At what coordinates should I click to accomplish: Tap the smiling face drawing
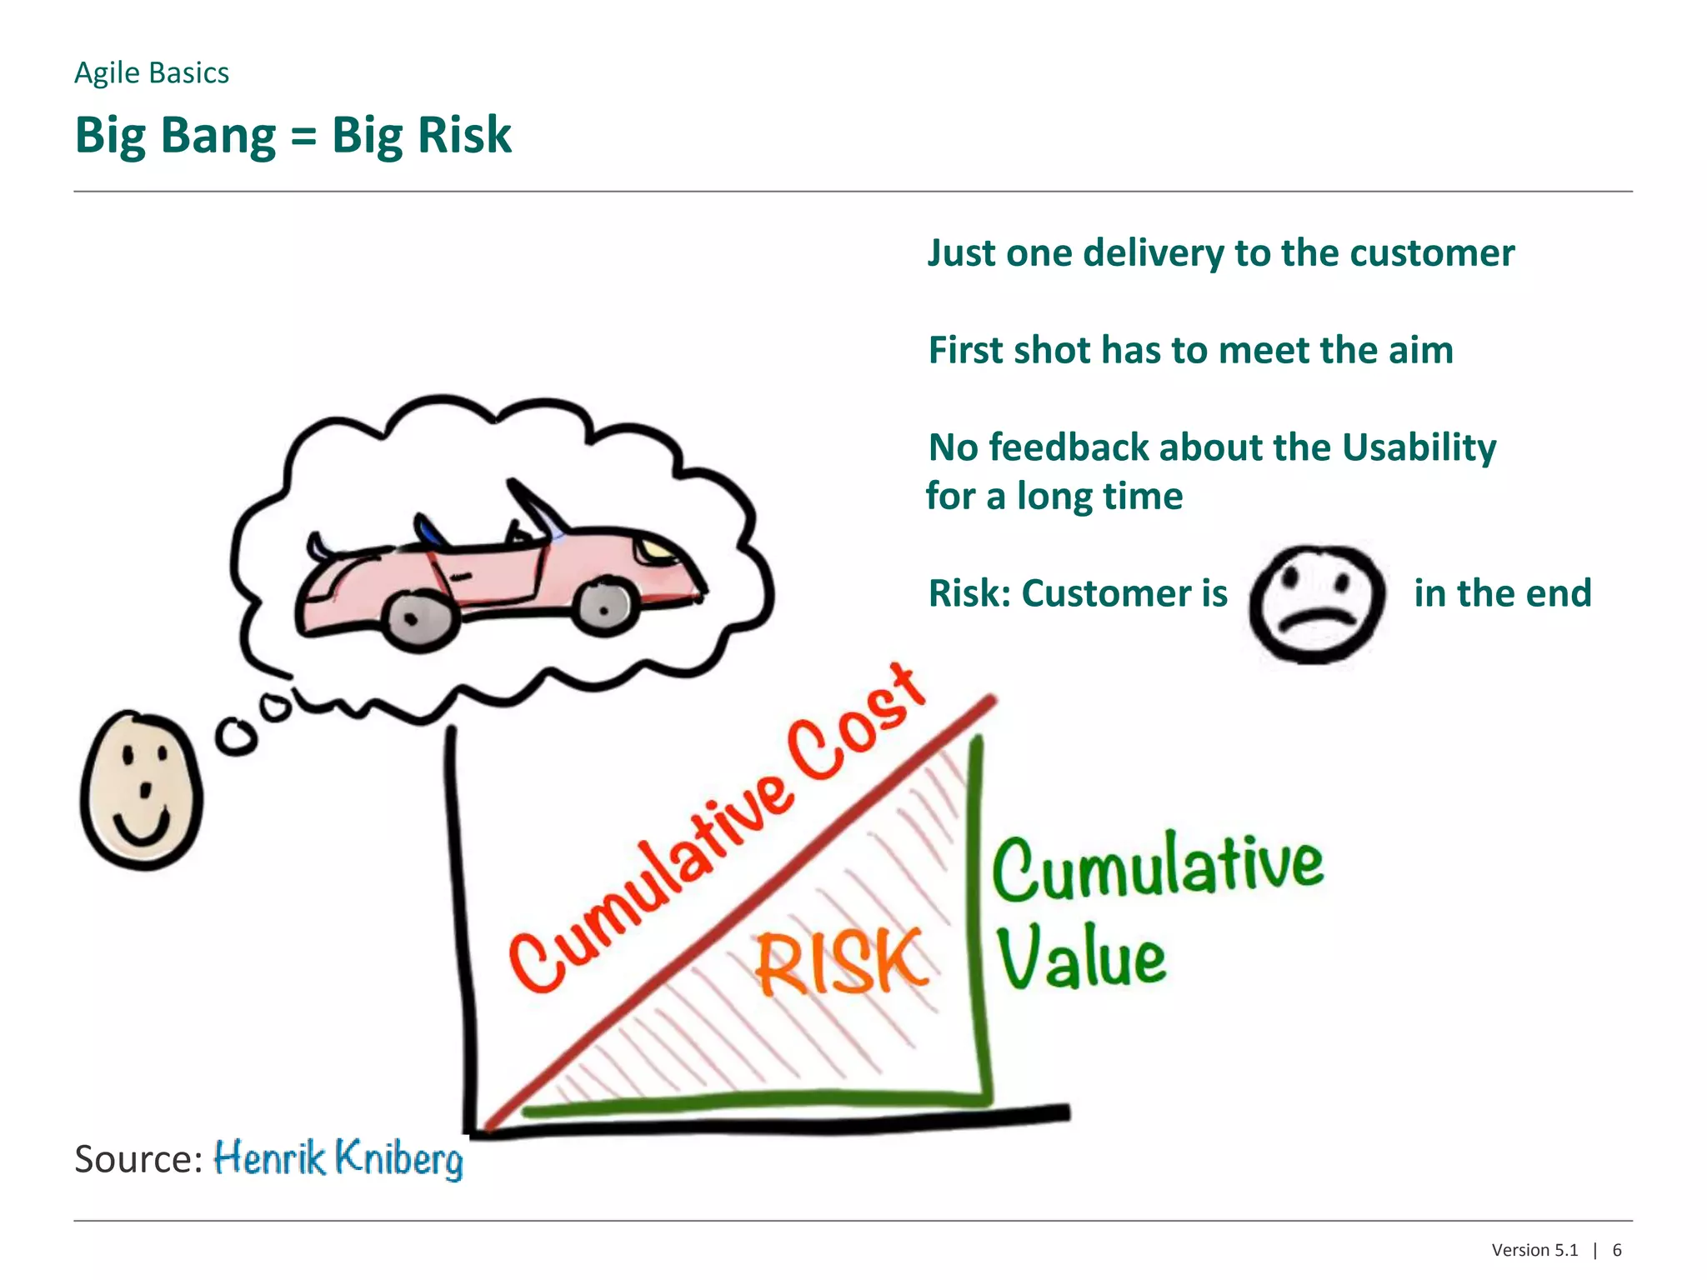[142, 790]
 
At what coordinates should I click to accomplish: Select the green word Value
[1081, 958]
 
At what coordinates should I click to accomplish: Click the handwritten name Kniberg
[398, 1158]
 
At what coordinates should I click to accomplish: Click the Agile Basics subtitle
[152, 73]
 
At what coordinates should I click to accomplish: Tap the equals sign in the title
[303, 136]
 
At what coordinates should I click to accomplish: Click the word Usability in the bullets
[1419, 448]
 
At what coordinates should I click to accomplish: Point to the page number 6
[1617, 1250]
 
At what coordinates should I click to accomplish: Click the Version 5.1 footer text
[1534, 1250]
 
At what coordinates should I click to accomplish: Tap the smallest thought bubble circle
[274, 707]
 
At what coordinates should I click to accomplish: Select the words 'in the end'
[1502, 593]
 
